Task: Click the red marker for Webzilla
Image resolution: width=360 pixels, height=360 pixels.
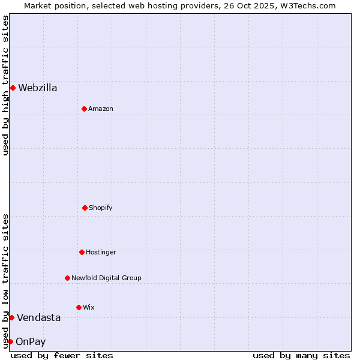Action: tap(13, 88)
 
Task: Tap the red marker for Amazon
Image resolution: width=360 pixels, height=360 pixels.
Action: tap(84, 109)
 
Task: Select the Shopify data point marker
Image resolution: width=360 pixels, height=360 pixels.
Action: tap(85, 208)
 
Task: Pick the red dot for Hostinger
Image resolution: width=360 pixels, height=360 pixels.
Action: tap(82, 252)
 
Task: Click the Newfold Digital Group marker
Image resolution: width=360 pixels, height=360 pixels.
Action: tap(67, 278)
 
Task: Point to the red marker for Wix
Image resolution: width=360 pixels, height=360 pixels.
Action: tap(79, 307)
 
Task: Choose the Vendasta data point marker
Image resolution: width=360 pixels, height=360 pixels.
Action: tap(11, 317)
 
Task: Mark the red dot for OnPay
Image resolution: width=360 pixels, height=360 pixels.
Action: tap(10, 341)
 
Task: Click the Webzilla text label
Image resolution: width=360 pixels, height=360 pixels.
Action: tap(38, 88)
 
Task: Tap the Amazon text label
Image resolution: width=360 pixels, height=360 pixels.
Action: tap(101, 109)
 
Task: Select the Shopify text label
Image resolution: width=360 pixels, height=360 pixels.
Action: tap(101, 208)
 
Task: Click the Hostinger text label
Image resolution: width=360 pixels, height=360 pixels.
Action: tap(101, 253)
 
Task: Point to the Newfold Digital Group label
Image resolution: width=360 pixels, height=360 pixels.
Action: tap(106, 278)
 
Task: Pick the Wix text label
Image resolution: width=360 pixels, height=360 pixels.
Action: tap(89, 308)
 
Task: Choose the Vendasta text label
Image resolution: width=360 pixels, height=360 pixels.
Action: tap(38, 318)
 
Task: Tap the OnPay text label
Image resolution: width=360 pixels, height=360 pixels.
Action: tap(31, 342)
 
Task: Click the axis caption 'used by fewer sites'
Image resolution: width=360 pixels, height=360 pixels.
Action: tap(62, 355)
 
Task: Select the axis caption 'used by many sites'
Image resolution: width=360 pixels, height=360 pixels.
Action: tap(301, 355)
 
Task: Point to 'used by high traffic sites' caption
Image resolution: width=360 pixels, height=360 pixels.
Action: tap(5, 85)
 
